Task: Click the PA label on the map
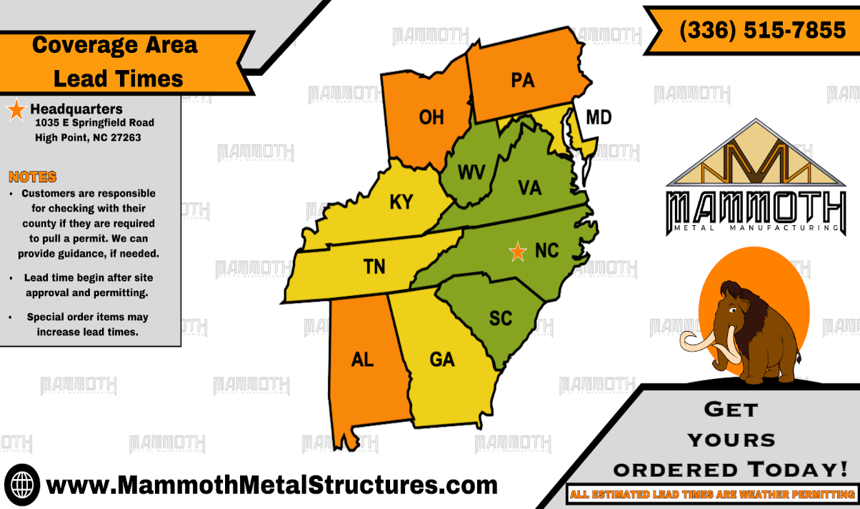[523, 80]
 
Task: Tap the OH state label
[431, 117]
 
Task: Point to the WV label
[471, 172]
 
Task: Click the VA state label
[529, 187]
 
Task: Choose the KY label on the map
[401, 202]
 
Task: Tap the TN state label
[374, 267]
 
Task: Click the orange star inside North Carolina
[516, 251]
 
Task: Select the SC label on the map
[501, 317]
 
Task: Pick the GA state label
[442, 359]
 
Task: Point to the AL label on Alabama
[362, 359]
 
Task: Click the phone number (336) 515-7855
[762, 30]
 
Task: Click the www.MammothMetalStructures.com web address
[271, 485]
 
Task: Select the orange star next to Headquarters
[16, 111]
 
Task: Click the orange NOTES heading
[32, 177]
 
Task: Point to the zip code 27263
[124, 137]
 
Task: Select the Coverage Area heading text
[114, 44]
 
